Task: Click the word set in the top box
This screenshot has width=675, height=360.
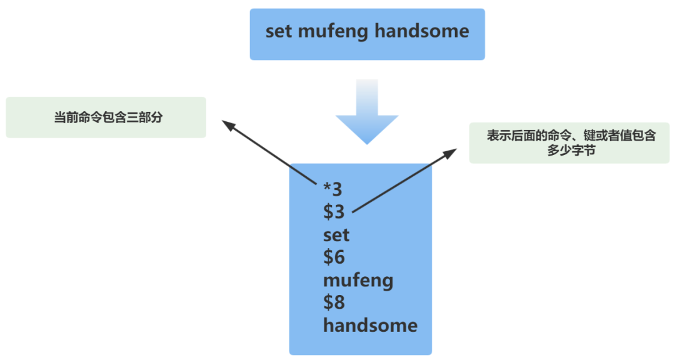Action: [x=279, y=32]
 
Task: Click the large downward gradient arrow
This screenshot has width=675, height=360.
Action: [x=367, y=112]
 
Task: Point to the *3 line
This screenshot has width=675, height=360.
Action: [x=332, y=189]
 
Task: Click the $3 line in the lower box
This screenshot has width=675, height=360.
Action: [x=334, y=212]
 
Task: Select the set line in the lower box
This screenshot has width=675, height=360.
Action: [x=336, y=235]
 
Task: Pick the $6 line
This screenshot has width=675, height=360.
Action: [x=334, y=257]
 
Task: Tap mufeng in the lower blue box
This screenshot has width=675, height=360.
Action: [x=358, y=280]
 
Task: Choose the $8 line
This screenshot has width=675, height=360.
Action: [x=334, y=302]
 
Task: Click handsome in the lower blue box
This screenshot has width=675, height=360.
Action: [x=370, y=325]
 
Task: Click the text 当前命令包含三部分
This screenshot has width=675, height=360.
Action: [x=108, y=117]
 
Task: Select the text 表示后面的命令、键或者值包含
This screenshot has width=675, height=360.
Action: [x=571, y=136]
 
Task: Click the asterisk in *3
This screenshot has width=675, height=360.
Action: [x=327, y=186]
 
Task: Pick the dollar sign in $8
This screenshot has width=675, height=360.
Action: [x=329, y=302]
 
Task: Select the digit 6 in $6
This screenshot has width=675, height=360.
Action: [x=339, y=257]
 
